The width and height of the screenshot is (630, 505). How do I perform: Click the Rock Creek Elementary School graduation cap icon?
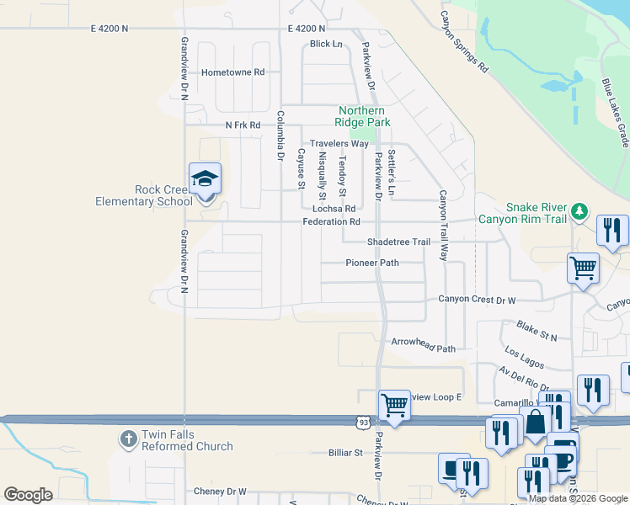pyautogui.click(x=205, y=178)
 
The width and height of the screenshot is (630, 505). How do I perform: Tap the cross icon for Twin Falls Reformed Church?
pyautogui.click(x=128, y=439)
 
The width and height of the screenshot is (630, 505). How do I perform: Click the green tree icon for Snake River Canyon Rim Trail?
pyautogui.click(x=579, y=210)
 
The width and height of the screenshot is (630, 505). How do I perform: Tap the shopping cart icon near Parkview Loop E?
pyautogui.click(x=393, y=405)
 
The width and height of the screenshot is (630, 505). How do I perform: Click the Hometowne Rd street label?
pyautogui.click(x=233, y=72)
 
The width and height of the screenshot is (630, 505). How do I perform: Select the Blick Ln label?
pyautogui.click(x=326, y=44)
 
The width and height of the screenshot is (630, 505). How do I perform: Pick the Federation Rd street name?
pyautogui.click(x=332, y=222)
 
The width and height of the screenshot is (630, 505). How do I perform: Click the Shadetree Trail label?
pyautogui.click(x=398, y=242)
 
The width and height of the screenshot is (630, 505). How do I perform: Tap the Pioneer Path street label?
pyautogui.click(x=372, y=263)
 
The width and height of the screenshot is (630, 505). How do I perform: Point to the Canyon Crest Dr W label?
pyautogui.click(x=477, y=300)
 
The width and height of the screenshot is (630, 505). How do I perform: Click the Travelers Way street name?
pyautogui.click(x=339, y=144)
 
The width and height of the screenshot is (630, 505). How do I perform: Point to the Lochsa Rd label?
pyautogui.click(x=334, y=209)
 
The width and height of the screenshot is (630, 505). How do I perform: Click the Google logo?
pyautogui.click(x=28, y=495)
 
